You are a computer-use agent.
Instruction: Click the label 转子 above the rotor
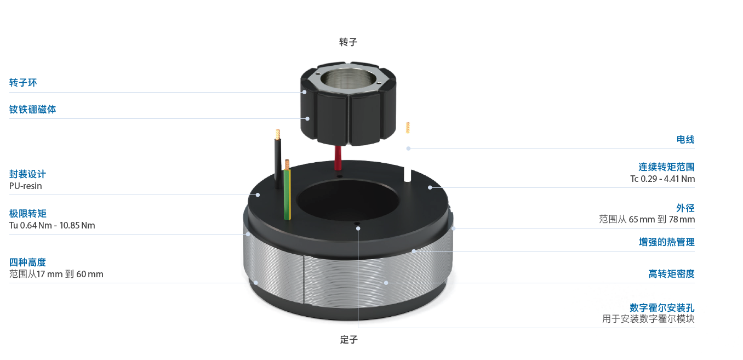point(348,42)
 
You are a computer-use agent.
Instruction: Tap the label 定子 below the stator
point(349,339)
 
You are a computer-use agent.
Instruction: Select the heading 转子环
point(23,83)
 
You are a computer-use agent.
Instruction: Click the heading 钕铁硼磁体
point(32,109)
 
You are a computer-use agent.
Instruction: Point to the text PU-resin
point(26,186)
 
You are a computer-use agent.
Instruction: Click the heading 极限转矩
point(27,213)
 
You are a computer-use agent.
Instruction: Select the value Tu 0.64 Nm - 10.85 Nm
point(52,225)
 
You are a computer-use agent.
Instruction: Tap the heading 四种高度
point(27,262)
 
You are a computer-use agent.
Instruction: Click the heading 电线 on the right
point(685,139)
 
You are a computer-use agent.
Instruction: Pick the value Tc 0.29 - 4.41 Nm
point(662,179)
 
